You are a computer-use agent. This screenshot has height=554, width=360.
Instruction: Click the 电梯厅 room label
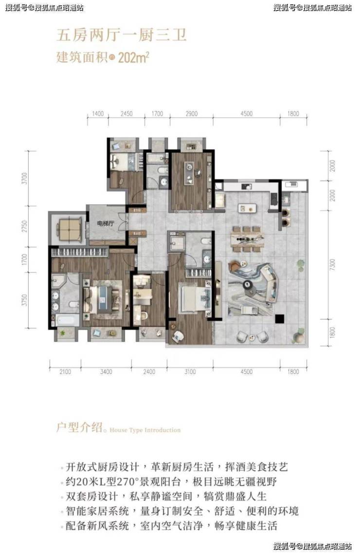(x=106, y=224)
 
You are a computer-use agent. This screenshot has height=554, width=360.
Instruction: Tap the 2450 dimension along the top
(x=126, y=114)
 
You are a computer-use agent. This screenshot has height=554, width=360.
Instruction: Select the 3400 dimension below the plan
(x=106, y=372)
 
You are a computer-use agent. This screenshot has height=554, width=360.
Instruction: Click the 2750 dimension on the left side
(x=24, y=227)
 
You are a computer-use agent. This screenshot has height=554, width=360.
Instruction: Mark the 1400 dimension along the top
(x=98, y=114)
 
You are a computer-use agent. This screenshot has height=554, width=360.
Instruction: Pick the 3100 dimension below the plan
(x=190, y=372)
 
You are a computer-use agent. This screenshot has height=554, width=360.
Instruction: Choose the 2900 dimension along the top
(x=192, y=114)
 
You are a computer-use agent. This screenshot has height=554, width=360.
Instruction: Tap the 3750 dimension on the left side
(x=24, y=300)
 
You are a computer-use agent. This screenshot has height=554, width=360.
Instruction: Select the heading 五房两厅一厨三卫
(x=122, y=36)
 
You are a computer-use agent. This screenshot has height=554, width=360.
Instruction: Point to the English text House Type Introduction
(x=145, y=430)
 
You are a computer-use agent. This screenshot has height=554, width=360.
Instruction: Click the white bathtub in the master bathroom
(x=68, y=320)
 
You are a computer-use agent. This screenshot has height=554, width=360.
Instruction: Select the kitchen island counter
(x=247, y=207)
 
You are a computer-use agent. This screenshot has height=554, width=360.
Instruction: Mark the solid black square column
(x=279, y=319)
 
